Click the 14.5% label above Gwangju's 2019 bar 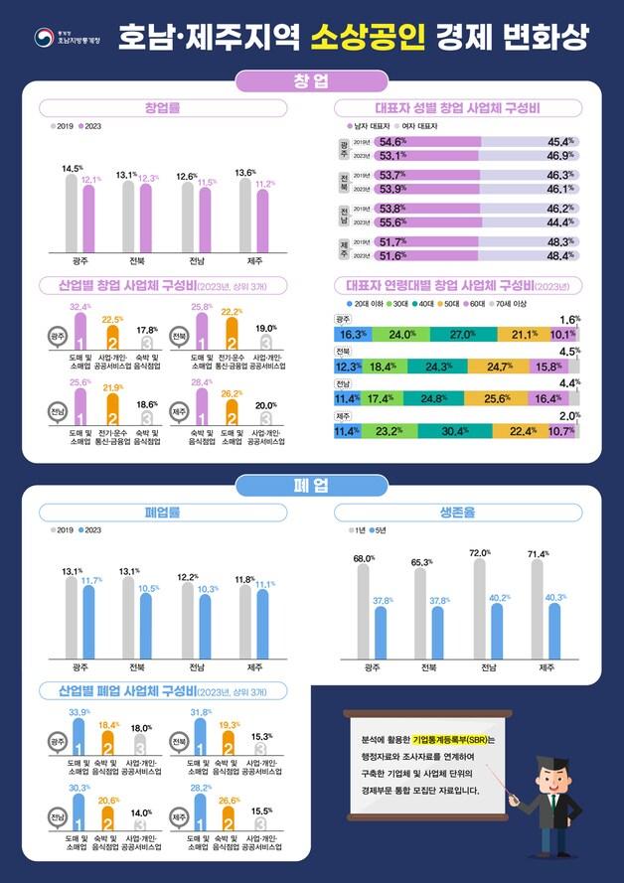pos(72,169)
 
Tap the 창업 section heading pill pos(311,79)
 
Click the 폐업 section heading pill pos(311,485)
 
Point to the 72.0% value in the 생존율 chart pos(481,552)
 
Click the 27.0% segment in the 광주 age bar pos(464,335)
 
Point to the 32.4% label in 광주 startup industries pos(80,307)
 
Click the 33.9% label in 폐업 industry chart pos(79,712)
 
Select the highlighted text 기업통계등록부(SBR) pos(452,740)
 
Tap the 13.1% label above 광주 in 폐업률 pos(72,571)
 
